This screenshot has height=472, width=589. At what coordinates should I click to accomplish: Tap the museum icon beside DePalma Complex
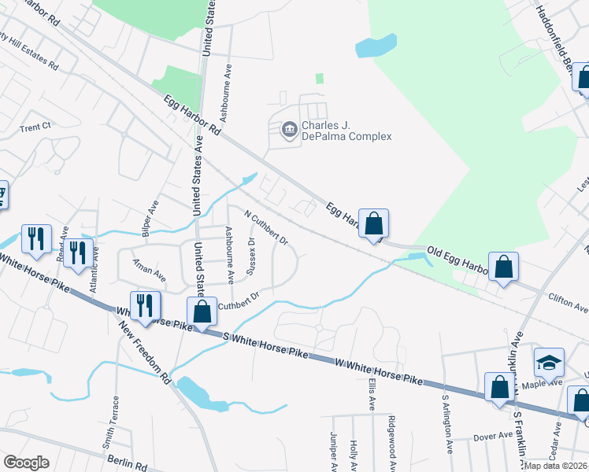click(x=289, y=128)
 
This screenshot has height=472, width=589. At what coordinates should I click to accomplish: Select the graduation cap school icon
click(x=549, y=363)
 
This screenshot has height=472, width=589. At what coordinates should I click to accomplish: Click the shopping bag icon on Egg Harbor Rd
click(x=373, y=223)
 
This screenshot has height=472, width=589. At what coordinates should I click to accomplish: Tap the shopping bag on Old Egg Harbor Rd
click(x=502, y=267)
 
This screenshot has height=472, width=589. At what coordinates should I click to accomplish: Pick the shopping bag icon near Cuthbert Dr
click(x=202, y=312)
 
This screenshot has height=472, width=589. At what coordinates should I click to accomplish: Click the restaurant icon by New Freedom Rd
click(x=145, y=305)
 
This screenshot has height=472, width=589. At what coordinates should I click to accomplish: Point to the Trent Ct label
click(x=35, y=127)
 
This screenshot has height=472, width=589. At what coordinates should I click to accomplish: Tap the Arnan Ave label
click(x=149, y=271)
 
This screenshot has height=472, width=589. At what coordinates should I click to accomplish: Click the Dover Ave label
click(x=487, y=436)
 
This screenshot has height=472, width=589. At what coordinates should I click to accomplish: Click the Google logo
click(x=27, y=463)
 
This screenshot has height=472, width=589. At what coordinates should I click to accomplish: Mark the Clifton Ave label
click(x=568, y=301)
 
